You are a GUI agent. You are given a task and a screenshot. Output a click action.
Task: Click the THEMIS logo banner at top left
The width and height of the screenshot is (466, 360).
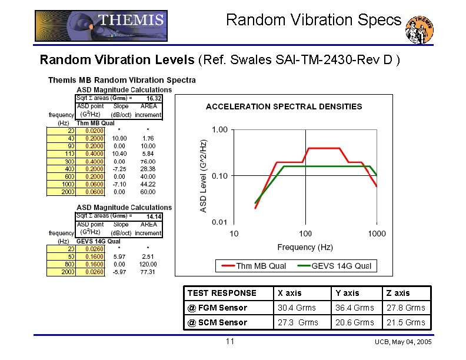point(101,26)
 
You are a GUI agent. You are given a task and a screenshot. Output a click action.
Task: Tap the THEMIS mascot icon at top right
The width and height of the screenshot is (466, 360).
point(421,29)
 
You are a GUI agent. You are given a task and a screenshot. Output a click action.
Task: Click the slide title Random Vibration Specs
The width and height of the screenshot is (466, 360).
point(314,20)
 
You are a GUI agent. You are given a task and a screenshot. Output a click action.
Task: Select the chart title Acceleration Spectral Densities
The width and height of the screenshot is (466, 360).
point(284,106)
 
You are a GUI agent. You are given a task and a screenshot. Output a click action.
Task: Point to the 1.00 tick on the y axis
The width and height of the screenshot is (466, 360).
point(220,129)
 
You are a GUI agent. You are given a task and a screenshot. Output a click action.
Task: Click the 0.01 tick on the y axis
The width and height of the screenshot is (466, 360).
point(220,222)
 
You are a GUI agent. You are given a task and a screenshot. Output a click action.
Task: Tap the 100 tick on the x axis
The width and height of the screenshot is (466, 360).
point(305,234)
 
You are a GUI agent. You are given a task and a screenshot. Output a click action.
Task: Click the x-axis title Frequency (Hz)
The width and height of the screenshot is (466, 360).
point(305,247)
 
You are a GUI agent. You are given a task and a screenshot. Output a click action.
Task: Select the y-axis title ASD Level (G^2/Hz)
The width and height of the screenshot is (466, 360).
point(204,175)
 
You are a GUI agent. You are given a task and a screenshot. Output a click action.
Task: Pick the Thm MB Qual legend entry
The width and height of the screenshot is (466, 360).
point(253,266)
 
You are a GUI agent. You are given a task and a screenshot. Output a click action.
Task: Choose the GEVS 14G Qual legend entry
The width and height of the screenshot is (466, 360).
point(334,266)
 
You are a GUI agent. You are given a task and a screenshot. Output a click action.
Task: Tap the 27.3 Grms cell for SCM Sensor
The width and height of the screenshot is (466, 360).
point(298,322)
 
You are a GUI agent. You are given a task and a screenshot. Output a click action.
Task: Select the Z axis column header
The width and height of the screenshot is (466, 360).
point(398,293)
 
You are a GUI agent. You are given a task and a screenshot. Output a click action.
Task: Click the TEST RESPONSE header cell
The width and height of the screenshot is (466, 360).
point(222,293)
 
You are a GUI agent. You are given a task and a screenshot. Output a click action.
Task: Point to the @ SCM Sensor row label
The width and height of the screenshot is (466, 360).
point(217,322)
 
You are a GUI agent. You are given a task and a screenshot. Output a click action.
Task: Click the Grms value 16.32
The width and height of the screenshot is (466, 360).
point(154,98)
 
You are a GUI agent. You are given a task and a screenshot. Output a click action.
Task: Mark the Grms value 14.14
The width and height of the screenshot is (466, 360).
point(154,216)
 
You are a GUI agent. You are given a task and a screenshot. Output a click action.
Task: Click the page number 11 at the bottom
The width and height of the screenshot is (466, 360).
point(230,342)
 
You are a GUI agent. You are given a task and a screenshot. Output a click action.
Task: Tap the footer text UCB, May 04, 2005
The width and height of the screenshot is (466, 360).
point(403,342)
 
